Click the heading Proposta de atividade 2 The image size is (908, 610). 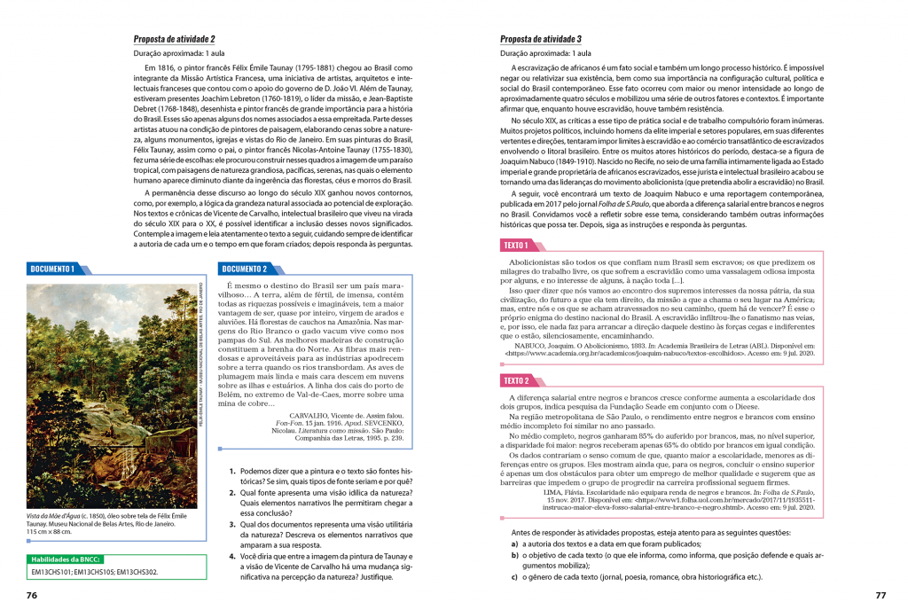tap(174, 39)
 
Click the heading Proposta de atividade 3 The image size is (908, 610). tap(541, 39)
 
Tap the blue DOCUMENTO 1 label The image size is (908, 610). tap(52, 269)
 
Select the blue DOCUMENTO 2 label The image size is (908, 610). tap(245, 269)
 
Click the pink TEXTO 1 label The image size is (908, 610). tap(515, 245)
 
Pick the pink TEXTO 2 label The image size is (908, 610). tap(515, 380)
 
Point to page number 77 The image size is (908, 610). tap(880, 595)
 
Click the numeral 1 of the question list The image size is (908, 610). tap(231, 472)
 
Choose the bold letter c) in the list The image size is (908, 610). tap(514, 576)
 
